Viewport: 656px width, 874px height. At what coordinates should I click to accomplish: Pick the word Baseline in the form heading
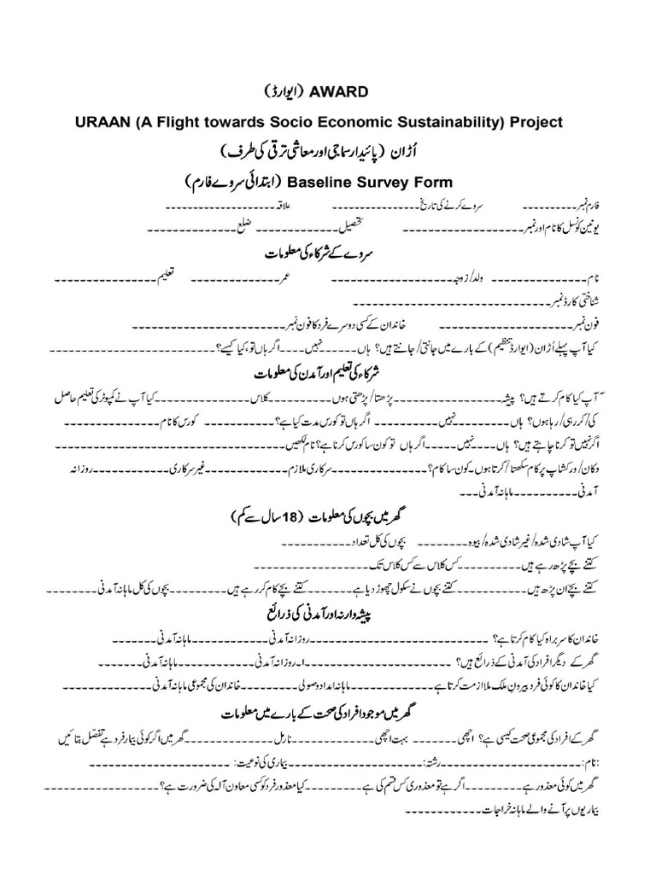(x=320, y=182)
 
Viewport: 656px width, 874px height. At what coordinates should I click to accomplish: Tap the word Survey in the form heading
(x=384, y=182)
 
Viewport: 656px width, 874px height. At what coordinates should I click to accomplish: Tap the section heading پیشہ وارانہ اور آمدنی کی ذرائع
(x=327, y=614)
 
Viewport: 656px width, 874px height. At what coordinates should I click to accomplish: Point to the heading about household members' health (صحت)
(x=329, y=712)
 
